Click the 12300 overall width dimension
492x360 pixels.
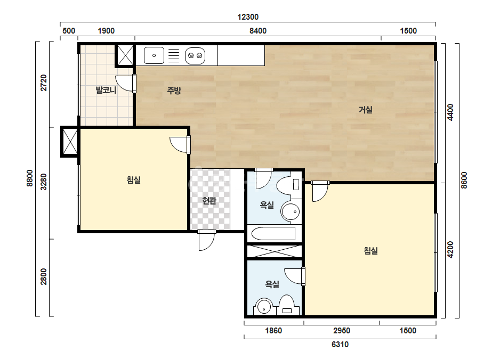tap(248, 17)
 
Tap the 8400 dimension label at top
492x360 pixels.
tap(258, 31)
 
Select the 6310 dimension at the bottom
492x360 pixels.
tap(340, 345)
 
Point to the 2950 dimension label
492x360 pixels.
tap(342, 331)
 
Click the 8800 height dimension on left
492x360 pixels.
tap(29, 178)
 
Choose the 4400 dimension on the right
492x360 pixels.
tap(450, 112)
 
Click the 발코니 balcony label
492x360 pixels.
tap(106, 91)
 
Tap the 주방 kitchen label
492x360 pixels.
tap(174, 91)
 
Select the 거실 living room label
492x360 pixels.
tap(366, 110)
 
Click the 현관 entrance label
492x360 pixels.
tap(209, 200)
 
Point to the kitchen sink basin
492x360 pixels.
tap(154, 55)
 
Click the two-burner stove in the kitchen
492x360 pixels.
tap(195, 56)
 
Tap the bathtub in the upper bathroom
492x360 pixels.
tap(273, 233)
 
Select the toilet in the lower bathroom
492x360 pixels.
tap(286, 305)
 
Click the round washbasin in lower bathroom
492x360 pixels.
tap(264, 306)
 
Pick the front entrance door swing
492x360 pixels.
tap(206, 240)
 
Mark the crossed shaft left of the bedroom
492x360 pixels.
tap(70, 142)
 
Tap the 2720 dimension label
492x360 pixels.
tap(44, 83)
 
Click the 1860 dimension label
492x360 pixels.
tap(273, 331)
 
